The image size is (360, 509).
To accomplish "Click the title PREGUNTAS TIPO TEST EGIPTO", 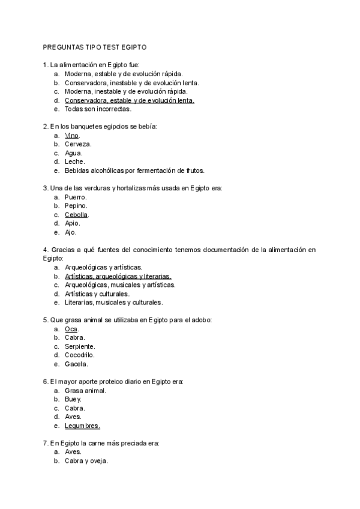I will pyautogui.click(x=94, y=46).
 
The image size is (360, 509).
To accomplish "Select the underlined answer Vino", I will pyautogui.click(x=71, y=136).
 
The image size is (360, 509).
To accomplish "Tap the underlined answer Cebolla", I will pyautogui.click(x=76, y=214).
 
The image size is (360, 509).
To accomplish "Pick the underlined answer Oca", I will pyautogui.click(x=71, y=329).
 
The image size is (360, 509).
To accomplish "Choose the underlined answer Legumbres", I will pyautogui.click(x=82, y=426).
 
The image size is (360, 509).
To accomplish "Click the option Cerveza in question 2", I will pyautogui.click(x=78, y=144).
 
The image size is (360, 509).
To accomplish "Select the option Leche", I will pyautogui.click(x=75, y=161).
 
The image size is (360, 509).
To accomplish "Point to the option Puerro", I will pyautogui.click(x=76, y=197).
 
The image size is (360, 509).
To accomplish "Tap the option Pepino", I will pyautogui.click(x=76, y=206).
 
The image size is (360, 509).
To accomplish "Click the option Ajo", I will pyautogui.click(x=71, y=232).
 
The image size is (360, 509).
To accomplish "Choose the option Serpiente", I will pyautogui.click(x=80, y=346).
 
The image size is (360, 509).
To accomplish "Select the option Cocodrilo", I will pyautogui.click(x=80, y=355).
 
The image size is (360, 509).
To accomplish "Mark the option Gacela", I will pyautogui.click(x=76, y=364).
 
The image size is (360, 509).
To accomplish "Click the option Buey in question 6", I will pyautogui.click(x=73, y=399).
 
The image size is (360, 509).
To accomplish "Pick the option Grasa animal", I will pyautogui.click(x=85, y=390).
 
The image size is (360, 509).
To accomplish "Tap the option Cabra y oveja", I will pyautogui.click(x=86, y=461).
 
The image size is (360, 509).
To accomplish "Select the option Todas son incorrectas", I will pyautogui.click(x=98, y=109).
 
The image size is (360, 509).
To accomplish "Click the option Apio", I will pyautogui.click(x=73, y=223).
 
